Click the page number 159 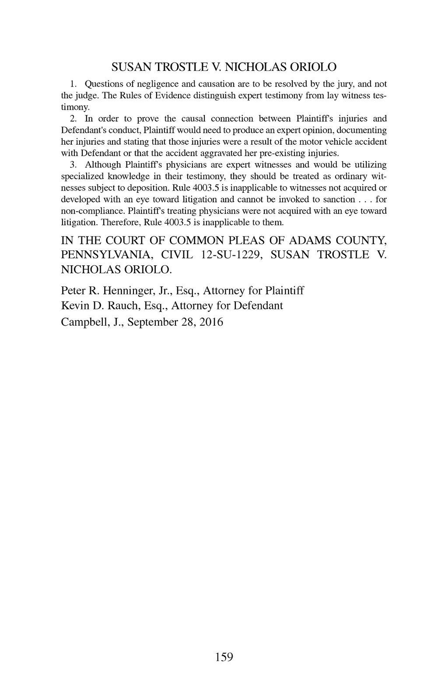click(224, 657)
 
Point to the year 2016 click(211, 323)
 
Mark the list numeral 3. click(73, 165)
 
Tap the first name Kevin click(73, 306)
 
